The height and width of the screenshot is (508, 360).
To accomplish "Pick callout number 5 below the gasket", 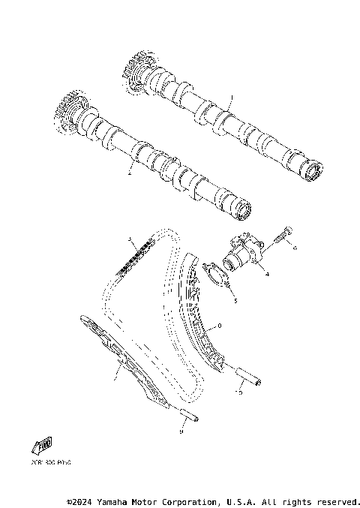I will pos(234,300).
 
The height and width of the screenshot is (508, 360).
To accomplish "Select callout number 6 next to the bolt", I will pos(295,247).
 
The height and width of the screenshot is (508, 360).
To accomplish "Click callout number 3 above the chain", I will pos(130,240).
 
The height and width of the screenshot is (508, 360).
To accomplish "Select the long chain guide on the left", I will pos(120,361).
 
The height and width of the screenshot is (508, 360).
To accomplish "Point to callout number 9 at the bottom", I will pos(181,431).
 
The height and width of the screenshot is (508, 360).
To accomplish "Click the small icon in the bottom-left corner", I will pos(41,447).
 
